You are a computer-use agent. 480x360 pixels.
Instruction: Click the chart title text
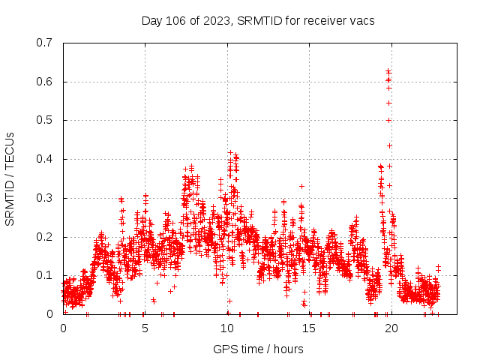(x=258, y=20)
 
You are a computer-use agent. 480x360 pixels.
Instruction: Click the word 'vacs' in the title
(x=361, y=20)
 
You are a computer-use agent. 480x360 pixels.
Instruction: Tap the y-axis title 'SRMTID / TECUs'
(x=10, y=178)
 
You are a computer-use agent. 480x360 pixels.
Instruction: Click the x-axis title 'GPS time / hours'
(x=258, y=349)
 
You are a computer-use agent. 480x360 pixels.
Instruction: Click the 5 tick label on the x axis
(x=145, y=328)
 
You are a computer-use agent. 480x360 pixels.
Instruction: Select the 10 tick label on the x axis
(x=227, y=328)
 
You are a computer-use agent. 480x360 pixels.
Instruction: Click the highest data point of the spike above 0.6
(x=388, y=71)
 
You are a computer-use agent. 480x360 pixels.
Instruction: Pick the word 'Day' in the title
(x=151, y=20)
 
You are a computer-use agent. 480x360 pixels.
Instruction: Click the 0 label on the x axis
(x=63, y=328)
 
